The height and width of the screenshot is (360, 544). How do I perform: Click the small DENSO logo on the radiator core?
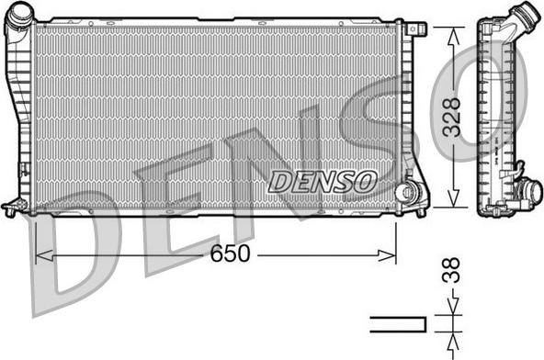[323, 180]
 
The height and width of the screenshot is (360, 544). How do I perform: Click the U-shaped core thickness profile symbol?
[398, 323]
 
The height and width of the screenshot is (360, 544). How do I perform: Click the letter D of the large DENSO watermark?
[78, 257]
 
